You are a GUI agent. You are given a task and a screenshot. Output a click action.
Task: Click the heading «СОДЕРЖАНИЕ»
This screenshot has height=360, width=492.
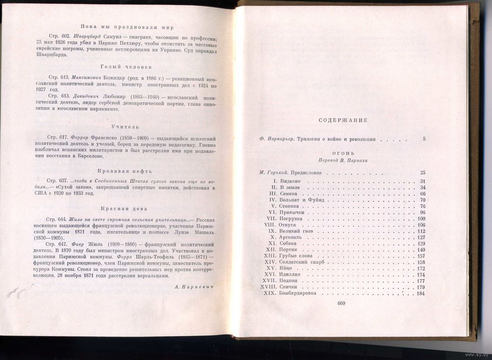click(x=343, y=121)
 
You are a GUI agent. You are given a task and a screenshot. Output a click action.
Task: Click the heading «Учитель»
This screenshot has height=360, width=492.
click(x=120, y=127)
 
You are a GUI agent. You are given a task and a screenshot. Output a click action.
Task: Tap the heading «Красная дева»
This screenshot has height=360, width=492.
click(x=120, y=208)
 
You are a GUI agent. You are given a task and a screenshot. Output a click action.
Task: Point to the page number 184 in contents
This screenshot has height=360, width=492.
click(x=420, y=294)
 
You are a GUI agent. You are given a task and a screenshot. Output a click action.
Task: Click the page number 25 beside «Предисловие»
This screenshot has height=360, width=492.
click(x=423, y=172)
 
